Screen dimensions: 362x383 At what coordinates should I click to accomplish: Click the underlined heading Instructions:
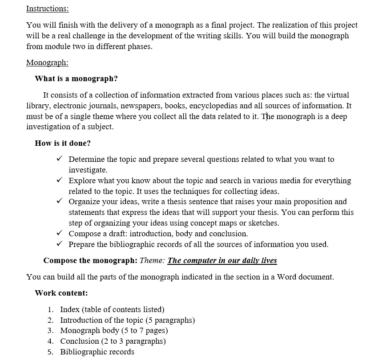(x=48, y=8)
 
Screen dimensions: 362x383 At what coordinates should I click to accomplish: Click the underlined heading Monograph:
(x=47, y=62)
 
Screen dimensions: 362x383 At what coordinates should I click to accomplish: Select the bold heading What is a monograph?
(x=76, y=78)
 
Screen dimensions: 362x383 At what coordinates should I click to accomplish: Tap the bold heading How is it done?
(x=63, y=143)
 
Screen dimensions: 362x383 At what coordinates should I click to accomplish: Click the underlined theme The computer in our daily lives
(x=222, y=260)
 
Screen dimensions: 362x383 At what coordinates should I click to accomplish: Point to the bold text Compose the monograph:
(x=90, y=260)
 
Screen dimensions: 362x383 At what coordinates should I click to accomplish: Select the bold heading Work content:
(x=61, y=293)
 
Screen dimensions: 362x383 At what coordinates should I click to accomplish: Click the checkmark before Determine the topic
(x=60, y=159)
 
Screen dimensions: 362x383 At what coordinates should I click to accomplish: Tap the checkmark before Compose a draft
(x=60, y=234)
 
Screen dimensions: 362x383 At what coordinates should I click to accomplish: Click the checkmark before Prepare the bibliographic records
(x=60, y=244)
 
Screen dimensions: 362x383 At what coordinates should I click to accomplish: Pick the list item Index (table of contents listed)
(x=112, y=309)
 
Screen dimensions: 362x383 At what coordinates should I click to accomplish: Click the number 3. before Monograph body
(x=51, y=330)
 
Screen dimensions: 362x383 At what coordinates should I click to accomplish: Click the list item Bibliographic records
(x=97, y=352)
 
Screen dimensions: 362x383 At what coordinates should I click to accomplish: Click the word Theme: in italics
(x=153, y=260)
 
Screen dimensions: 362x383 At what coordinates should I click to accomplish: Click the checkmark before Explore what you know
(x=60, y=181)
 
